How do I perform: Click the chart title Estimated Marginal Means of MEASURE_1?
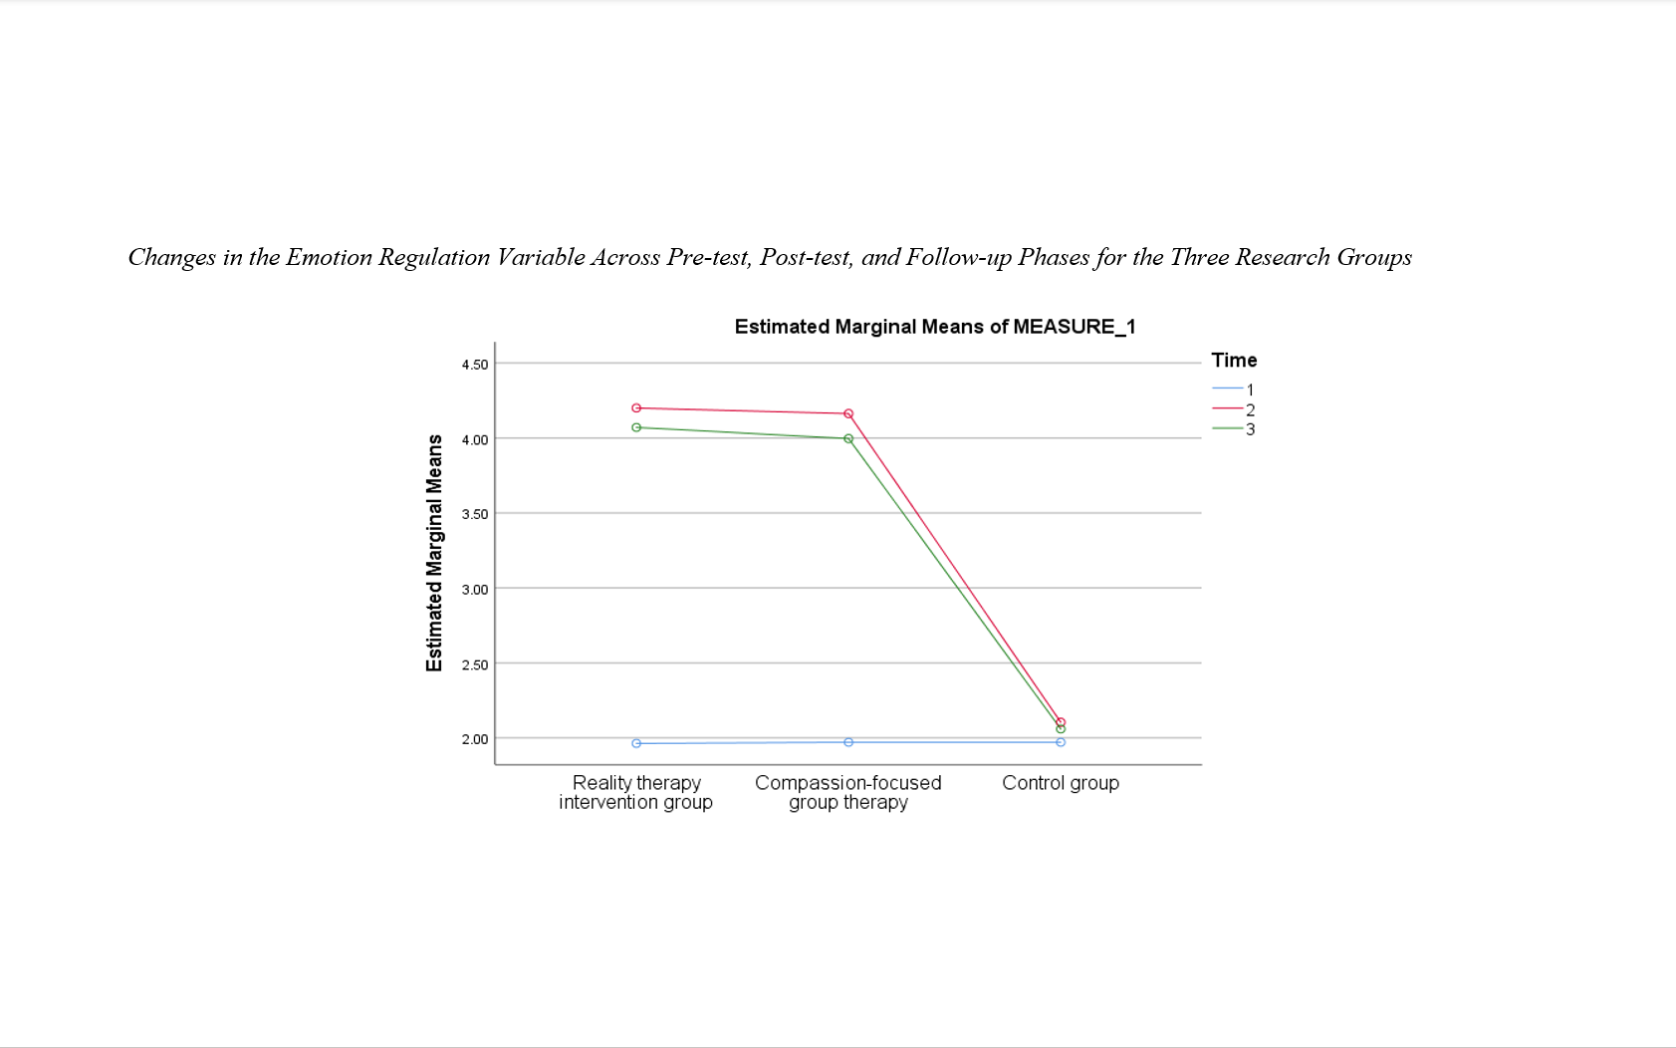934,327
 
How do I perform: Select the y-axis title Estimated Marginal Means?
434,553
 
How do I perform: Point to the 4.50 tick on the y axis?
474,365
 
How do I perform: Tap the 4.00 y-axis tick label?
474,439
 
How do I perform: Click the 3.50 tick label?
474,514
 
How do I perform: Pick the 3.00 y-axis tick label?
474,590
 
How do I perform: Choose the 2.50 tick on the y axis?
474,664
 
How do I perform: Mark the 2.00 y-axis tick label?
474,739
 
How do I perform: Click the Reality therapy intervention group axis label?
636,792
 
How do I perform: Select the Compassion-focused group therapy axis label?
848,792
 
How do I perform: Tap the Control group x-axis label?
1061,783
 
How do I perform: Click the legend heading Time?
1234,361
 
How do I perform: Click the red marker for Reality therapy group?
636,407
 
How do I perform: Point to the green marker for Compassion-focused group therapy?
848,438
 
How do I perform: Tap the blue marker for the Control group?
1061,742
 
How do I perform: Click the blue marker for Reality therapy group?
636,743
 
